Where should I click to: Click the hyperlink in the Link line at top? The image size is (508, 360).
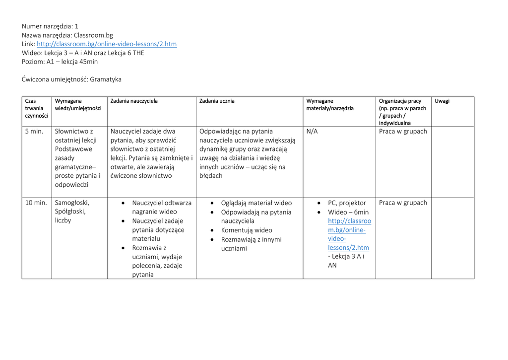coord(107,44)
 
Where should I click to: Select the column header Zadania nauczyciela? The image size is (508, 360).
coord(134,101)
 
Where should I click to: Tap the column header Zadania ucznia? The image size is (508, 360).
coord(217,101)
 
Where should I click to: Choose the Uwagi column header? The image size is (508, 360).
coord(442,101)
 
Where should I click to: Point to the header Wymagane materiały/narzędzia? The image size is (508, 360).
coord(330,105)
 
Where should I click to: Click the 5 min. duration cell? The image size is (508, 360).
coord(34,132)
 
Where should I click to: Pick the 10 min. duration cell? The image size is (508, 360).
coord(36,203)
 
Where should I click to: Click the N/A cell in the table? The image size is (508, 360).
coord(312,132)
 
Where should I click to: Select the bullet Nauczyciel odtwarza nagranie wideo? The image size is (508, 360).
coord(161,207)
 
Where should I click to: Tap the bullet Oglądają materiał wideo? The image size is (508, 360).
coord(256,203)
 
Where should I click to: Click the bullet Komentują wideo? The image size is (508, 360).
coord(246,230)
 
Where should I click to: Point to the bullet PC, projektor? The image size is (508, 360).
coord(347,203)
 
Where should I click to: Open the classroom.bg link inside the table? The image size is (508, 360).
coord(349,234)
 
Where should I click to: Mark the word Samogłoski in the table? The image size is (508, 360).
coord(72,203)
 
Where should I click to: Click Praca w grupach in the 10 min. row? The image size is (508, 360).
coord(403,203)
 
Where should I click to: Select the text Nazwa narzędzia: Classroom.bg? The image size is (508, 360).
coord(67,35)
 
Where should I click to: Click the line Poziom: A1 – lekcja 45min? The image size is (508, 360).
coord(60,62)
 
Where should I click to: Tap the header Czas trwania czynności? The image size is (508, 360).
coord(36,108)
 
